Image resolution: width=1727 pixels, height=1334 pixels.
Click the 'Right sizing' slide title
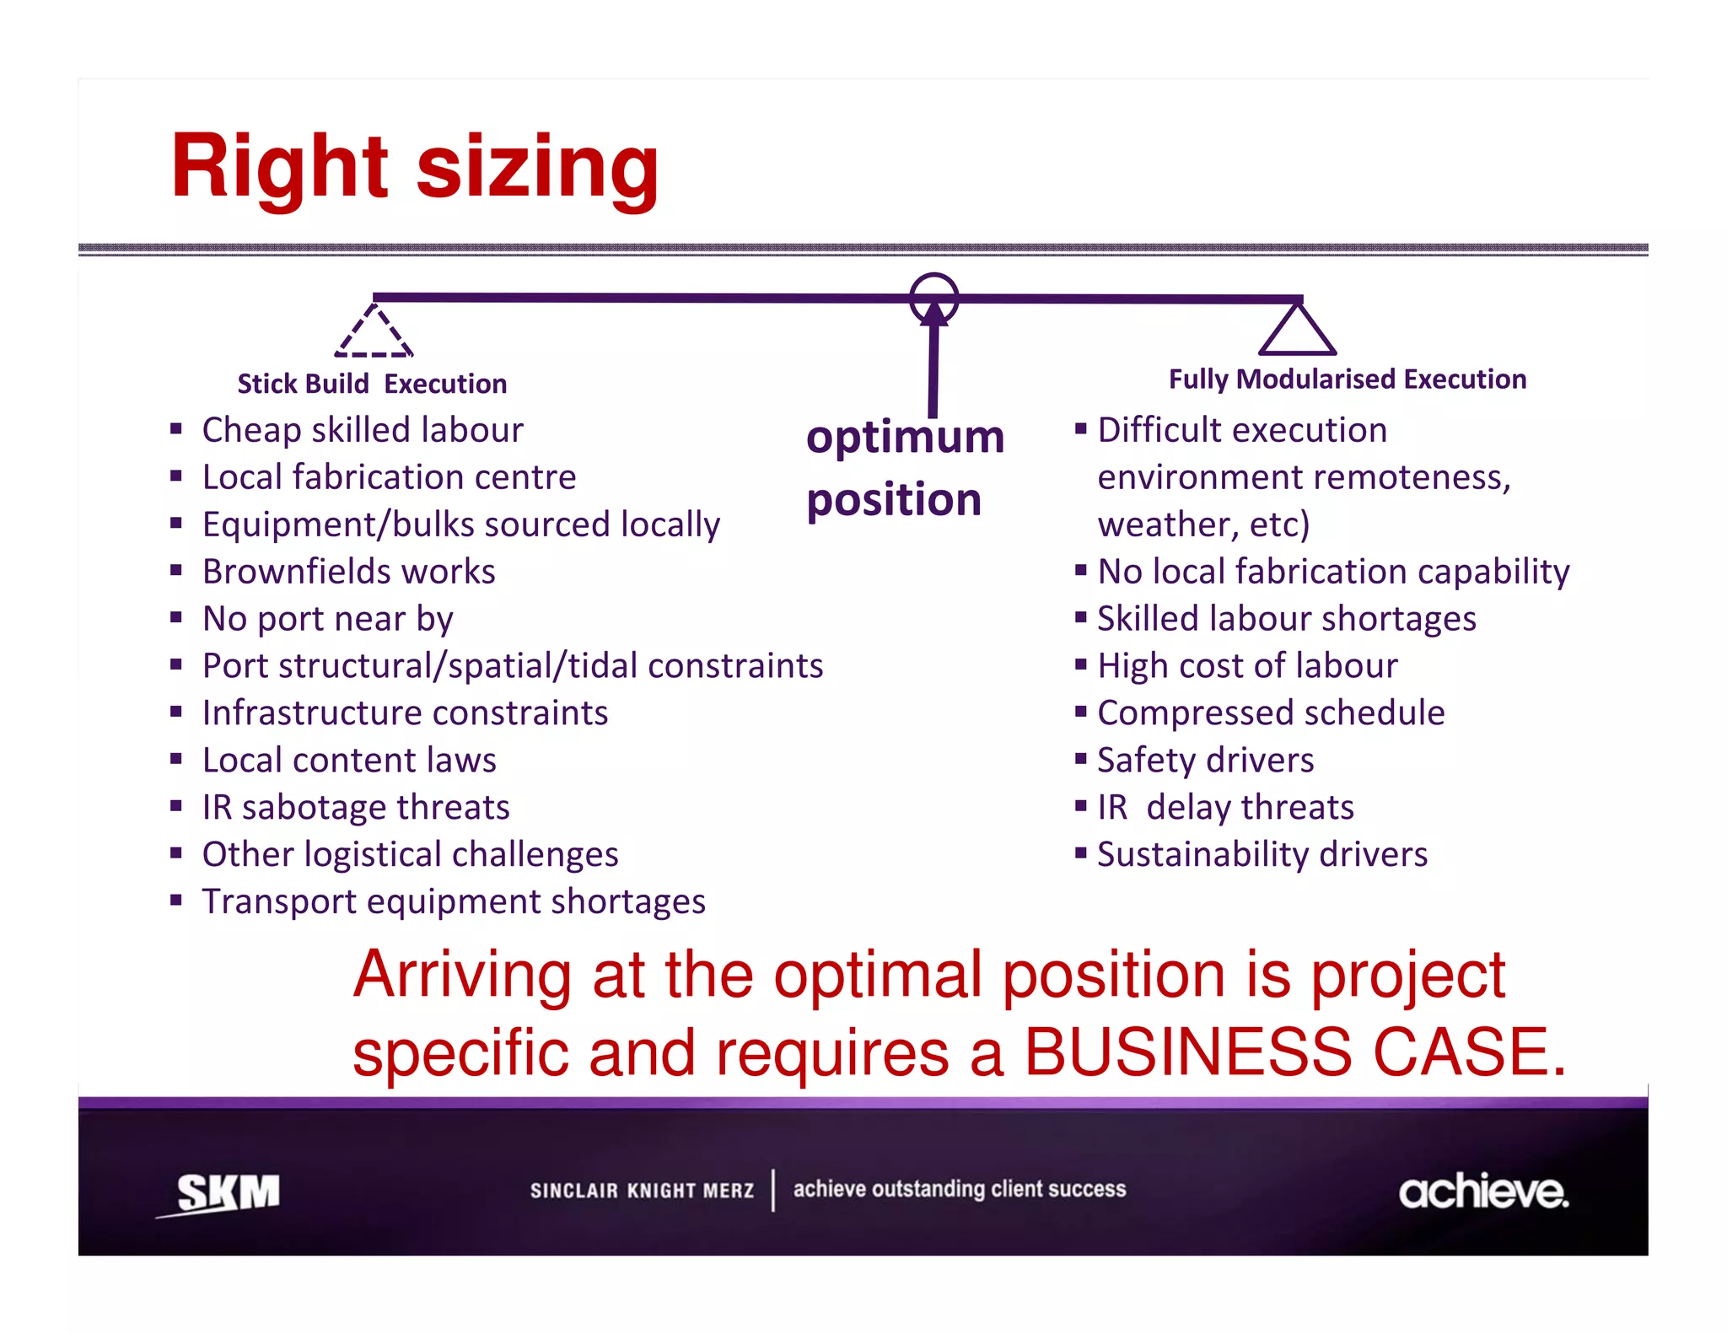coord(414,167)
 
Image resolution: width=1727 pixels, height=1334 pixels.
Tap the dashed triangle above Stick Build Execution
coord(374,332)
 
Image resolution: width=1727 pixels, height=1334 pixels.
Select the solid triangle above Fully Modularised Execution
coord(1297,331)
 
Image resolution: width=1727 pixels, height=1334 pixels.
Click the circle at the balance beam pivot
coord(933,297)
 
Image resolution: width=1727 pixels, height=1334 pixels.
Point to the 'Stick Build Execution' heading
coord(372,384)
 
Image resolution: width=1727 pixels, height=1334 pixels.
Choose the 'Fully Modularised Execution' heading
coord(1347,379)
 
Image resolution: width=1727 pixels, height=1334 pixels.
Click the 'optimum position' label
coord(904,468)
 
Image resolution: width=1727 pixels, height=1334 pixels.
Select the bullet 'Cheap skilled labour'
coord(363,430)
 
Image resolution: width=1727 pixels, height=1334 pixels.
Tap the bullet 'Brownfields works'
coord(348,572)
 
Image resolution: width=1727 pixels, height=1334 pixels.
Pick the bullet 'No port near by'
coord(327,619)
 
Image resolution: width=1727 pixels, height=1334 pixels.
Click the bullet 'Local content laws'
coord(349,761)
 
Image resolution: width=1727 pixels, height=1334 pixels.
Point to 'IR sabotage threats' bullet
coord(356,808)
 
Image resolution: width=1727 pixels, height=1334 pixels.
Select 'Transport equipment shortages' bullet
coord(454,902)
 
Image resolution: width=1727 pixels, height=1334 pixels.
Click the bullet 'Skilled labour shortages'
coord(1286,619)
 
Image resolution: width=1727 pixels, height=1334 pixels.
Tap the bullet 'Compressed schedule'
coord(1271,713)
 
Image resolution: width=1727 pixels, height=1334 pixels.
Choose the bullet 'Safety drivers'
coord(1205,761)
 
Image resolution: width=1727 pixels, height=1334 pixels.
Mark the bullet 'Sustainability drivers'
coord(1262,855)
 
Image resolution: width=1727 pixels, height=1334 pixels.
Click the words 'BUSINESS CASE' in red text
coord(1294,1052)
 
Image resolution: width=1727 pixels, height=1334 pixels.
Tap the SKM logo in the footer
coord(226,1192)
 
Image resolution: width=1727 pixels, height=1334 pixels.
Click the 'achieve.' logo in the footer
coord(1482,1191)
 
